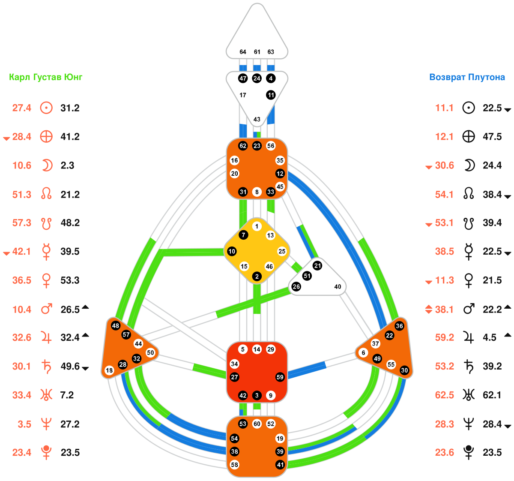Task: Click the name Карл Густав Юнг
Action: click(46, 77)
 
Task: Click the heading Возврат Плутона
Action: click(467, 77)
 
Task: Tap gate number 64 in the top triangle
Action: click(243, 52)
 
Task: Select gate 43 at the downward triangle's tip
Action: click(257, 119)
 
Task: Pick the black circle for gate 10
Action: click(232, 251)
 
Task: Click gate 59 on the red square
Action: click(280, 377)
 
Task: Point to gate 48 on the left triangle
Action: click(115, 325)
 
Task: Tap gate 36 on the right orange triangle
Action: click(399, 326)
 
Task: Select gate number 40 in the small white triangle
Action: click(338, 286)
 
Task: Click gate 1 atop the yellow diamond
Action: click(257, 226)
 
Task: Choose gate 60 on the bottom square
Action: click(257, 424)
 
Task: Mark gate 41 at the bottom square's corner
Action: click(280, 464)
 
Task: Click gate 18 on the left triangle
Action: click(109, 370)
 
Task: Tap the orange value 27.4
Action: click(21, 108)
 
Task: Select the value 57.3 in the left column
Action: click(21, 223)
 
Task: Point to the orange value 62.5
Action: click(444, 395)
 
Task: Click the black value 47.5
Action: click(492, 137)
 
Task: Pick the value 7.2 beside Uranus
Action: click(67, 395)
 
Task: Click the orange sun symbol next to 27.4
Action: click(46, 108)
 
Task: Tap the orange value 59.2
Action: click(444, 338)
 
